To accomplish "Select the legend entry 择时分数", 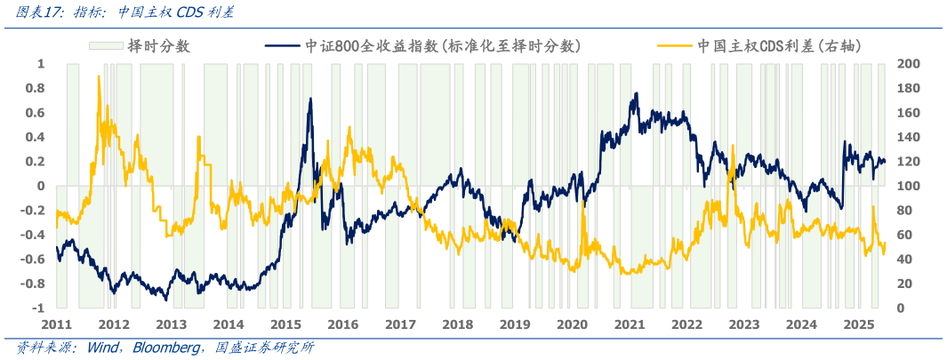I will pyautogui.click(x=158, y=45).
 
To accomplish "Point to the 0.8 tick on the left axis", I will pyautogui.click(x=35, y=88).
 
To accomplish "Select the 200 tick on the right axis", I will pyautogui.click(x=908, y=64).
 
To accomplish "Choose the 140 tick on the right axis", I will pyautogui.click(x=908, y=137).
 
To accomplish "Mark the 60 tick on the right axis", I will pyautogui.click(x=904, y=235).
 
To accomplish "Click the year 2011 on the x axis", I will pyautogui.click(x=57, y=325).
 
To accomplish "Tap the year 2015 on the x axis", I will pyautogui.click(x=285, y=325).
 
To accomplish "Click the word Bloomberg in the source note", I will pyautogui.click(x=166, y=347).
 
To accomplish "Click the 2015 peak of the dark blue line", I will pyautogui.click(x=310, y=99).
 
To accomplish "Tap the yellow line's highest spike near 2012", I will pyautogui.click(x=98, y=76).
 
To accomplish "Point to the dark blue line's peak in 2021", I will pyautogui.click(x=635, y=93).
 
